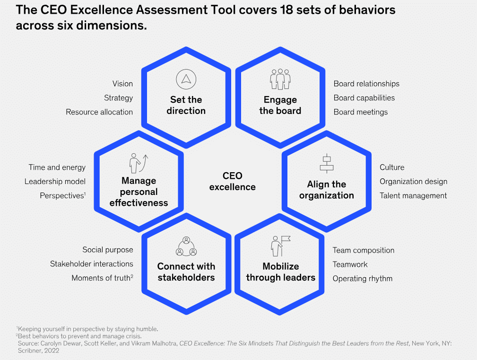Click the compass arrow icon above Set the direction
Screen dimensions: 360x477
pos(186,79)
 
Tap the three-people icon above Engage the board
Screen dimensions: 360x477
pos(280,79)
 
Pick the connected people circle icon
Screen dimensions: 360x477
pos(186,246)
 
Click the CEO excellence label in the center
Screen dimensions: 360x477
pos(233,181)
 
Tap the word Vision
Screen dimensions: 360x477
pos(122,84)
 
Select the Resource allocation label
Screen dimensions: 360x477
pos(99,112)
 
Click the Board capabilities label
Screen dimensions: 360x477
pos(364,98)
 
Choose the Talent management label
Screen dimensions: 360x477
pos(413,195)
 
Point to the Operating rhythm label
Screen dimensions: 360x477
pos(363,279)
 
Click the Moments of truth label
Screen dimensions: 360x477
pos(101,278)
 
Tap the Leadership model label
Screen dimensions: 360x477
pos(55,182)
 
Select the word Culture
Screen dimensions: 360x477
pos(392,167)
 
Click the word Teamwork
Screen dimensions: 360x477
pos(350,264)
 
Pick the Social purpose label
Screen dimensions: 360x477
pos(108,250)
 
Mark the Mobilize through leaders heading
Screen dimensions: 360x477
pos(280,272)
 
